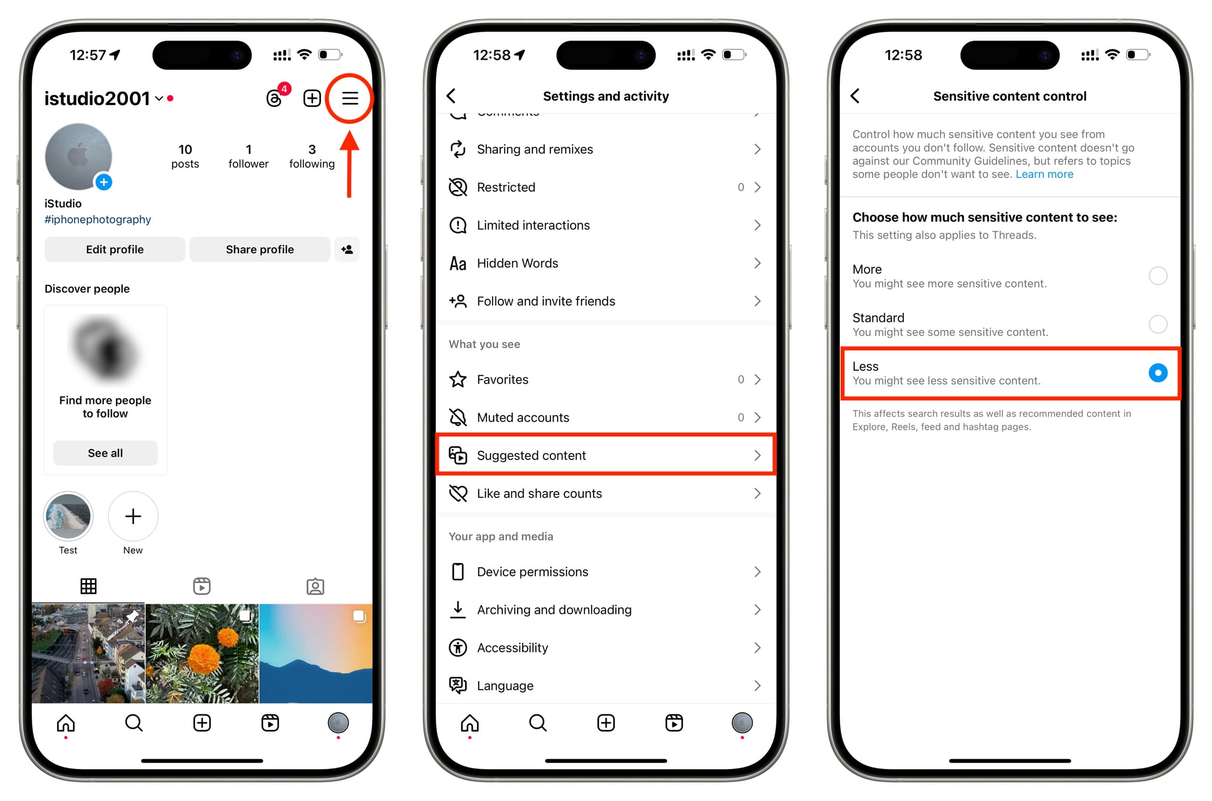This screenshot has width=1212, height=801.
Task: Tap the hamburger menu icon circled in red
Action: [x=350, y=98]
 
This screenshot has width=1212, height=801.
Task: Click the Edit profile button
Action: [x=115, y=249]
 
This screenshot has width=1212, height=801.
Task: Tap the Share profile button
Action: [x=260, y=249]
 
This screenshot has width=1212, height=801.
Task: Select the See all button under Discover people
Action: [x=105, y=453]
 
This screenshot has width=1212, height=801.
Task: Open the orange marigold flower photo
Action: [x=202, y=653]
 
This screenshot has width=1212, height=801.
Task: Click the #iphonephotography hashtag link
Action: [x=98, y=220]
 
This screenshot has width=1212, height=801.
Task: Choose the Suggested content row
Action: [x=606, y=455]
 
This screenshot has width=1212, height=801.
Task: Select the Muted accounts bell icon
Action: [x=458, y=418]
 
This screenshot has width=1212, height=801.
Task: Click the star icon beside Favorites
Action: [x=458, y=380]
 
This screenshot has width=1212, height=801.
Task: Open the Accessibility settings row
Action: [x=606, y=648]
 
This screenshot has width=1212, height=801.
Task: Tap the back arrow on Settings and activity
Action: [x=451, y=96]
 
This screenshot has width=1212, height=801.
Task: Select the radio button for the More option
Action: [x=1158, y=276]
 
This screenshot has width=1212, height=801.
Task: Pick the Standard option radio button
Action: [x=1158, y=324]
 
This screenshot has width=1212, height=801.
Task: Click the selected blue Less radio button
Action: [x=1158, y=373]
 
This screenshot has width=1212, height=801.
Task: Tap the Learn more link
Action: [x=1044, y=175]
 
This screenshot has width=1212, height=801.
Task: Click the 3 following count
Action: [x=312, y=156]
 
